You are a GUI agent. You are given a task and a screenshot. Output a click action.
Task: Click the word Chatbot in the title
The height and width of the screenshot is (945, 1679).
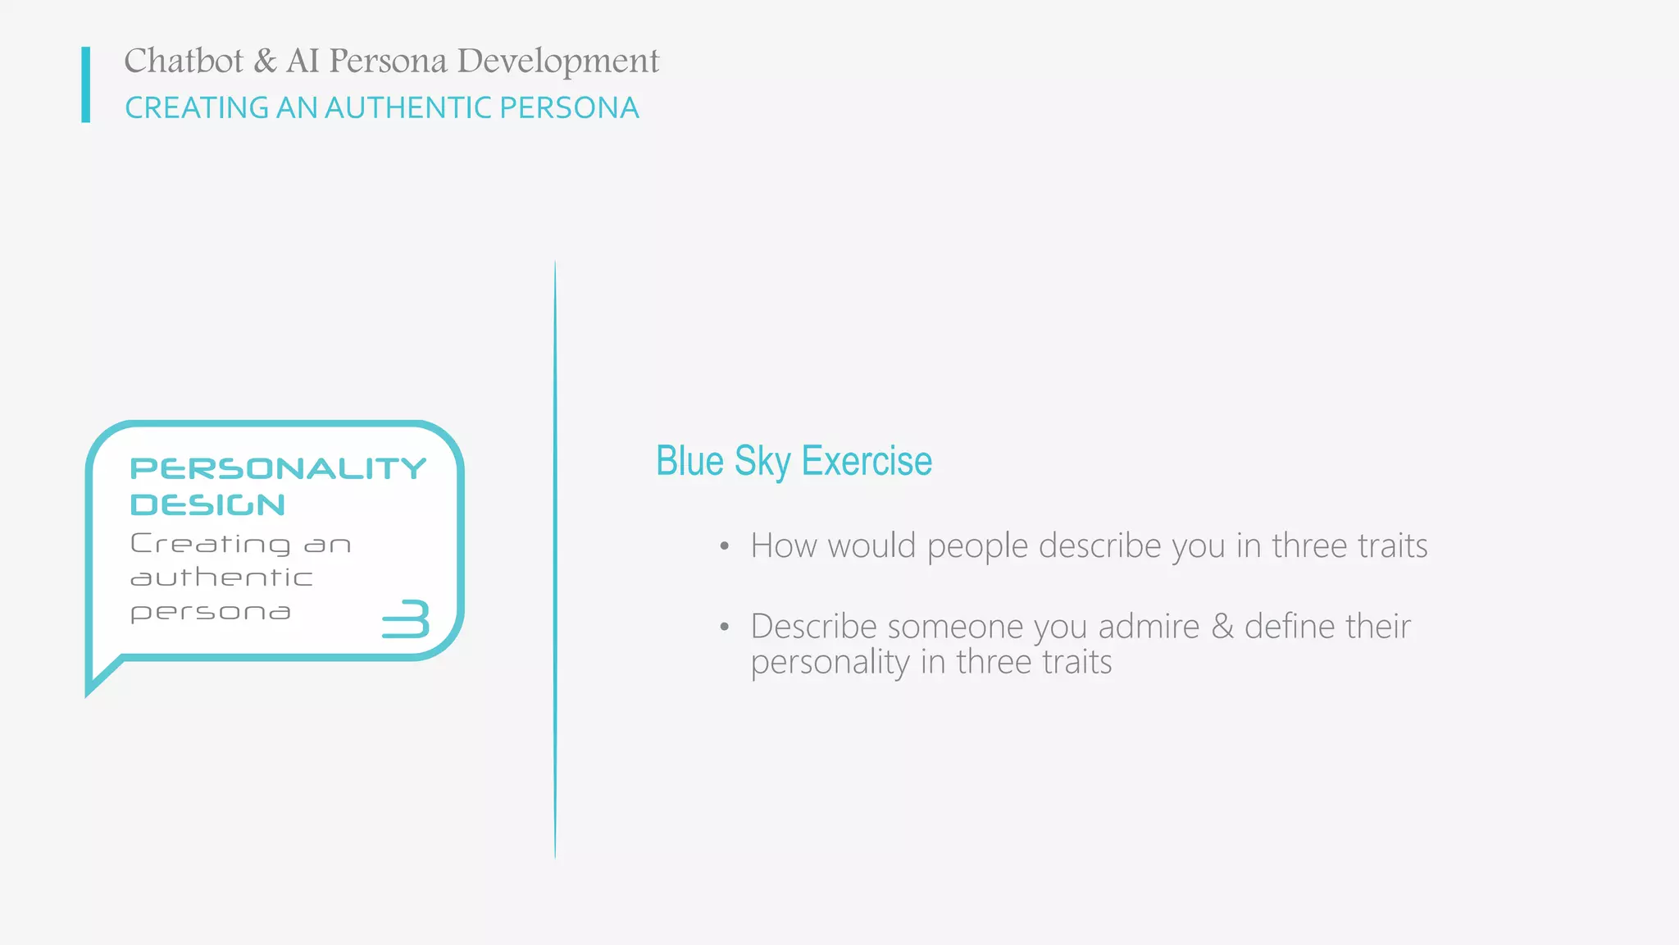point(184,61)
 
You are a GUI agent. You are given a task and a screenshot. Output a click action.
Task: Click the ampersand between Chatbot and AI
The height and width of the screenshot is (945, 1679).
point(265,61)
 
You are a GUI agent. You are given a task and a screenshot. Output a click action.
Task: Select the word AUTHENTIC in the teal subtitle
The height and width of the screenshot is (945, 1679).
point(409,108)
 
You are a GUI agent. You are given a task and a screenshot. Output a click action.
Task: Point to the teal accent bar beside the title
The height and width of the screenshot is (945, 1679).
point(86,84)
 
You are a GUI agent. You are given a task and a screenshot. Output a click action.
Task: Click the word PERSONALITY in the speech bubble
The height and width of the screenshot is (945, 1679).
point(278,468)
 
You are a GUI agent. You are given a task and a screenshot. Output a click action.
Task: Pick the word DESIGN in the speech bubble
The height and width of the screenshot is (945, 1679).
point(207,504)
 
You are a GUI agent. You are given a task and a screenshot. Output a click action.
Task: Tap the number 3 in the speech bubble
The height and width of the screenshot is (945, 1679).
point(407,619)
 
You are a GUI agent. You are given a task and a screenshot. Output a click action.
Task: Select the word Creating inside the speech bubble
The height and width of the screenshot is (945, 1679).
point(211,543)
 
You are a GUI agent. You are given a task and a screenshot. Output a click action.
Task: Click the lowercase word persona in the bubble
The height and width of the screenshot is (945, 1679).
point(211,613)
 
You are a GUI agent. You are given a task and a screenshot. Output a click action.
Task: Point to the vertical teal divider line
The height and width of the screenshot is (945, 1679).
point(555,558)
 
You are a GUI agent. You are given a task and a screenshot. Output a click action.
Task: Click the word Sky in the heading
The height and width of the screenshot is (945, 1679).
point(762,462)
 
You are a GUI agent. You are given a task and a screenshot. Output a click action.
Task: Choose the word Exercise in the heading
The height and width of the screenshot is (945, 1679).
point(867,461)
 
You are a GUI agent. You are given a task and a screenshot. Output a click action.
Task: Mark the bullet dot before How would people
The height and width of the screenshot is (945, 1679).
point(724,547)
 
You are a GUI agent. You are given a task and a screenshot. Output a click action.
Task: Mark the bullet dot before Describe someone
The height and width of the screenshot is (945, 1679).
point(724,628)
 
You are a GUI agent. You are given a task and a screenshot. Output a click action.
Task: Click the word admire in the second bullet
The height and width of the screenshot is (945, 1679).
point(1149,627)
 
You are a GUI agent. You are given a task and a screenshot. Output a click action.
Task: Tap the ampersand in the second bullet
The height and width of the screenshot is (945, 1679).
point(1222,627)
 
